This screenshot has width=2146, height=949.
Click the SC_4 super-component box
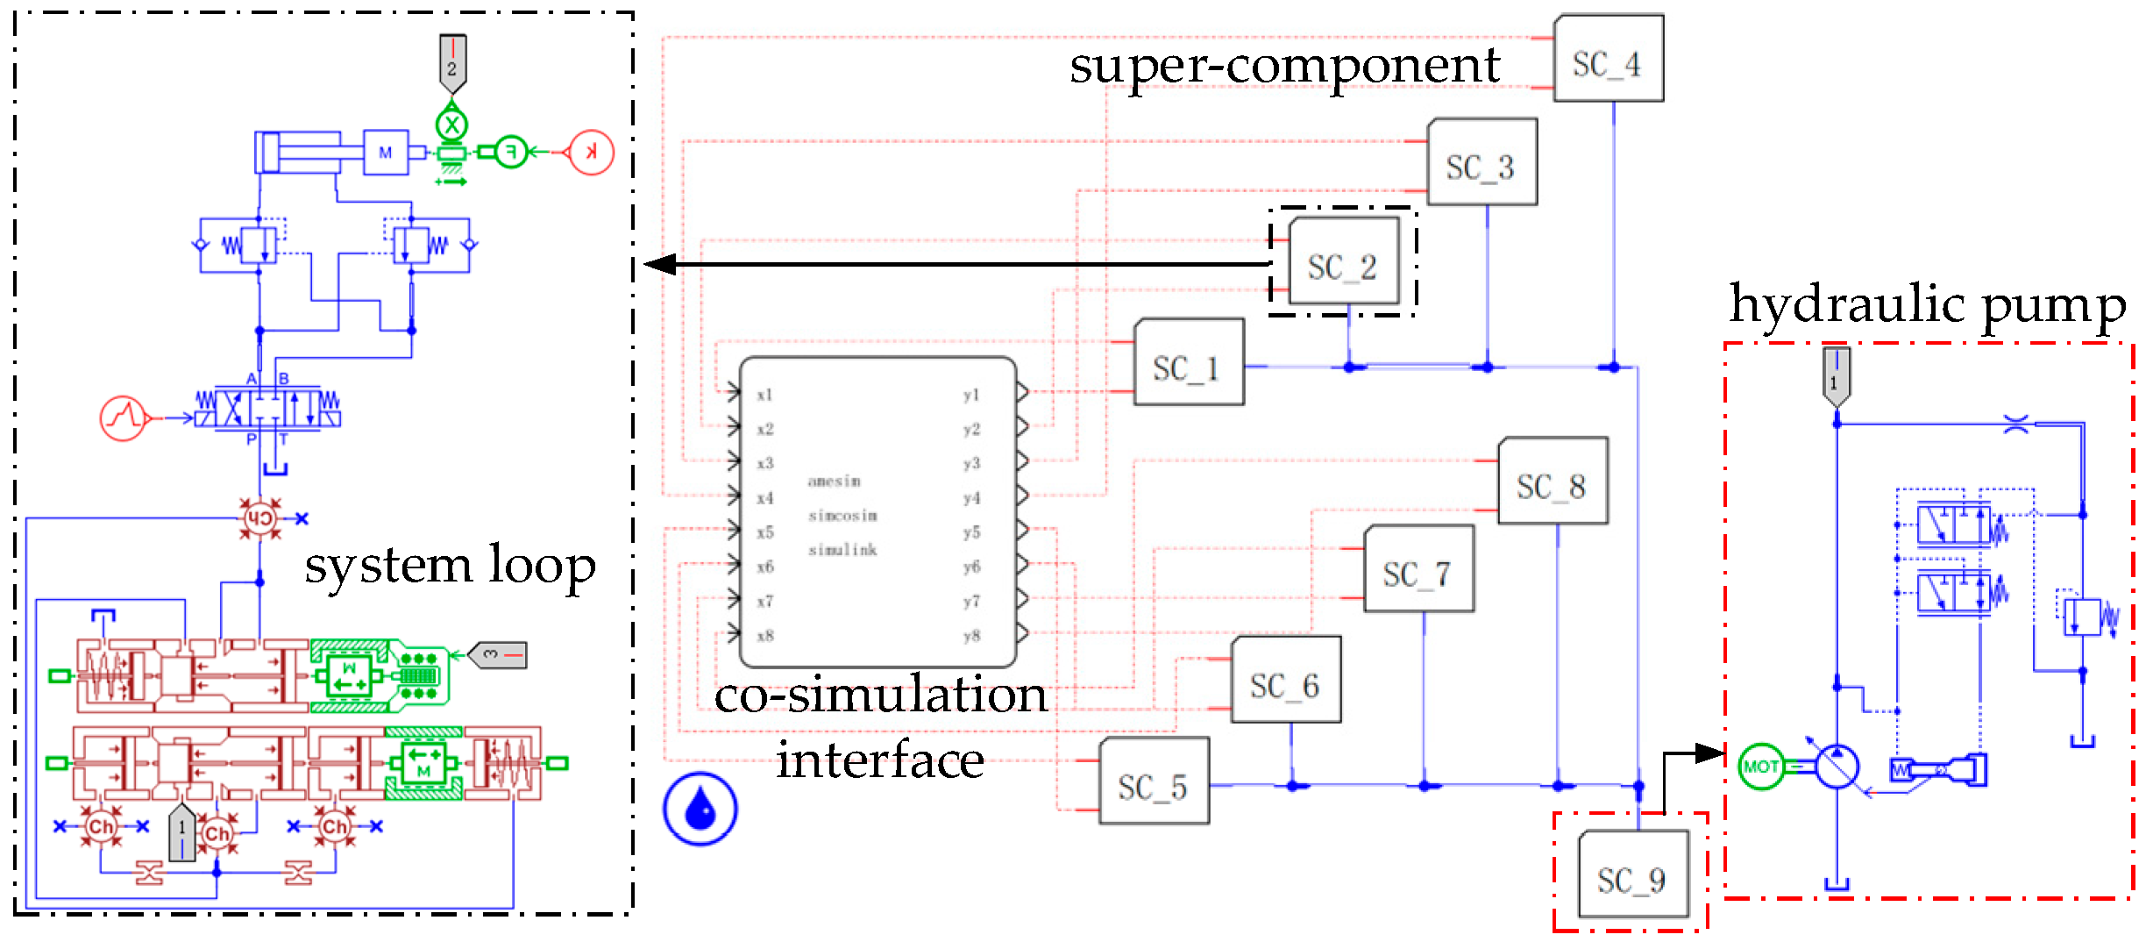coord(1608,59)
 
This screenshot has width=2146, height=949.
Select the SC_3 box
coord(1482,163)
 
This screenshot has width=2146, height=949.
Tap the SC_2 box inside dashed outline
coord(1343,262)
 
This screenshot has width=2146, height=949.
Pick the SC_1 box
coord(1188,363)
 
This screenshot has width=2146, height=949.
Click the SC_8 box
coord(1552,482)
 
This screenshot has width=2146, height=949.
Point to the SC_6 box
coord(1285,681)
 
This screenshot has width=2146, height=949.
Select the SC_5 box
coord(1153,782)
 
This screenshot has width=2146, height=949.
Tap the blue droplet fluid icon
coord(700,809)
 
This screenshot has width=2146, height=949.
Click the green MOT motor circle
coord(1760,767)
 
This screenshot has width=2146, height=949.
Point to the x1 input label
coord(764,395)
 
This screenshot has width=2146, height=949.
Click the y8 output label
coord(970,636)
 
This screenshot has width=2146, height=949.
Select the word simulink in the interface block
coord(842,550)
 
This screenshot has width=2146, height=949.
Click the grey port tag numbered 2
coord(452,63)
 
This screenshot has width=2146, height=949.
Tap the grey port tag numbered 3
coord(498,654)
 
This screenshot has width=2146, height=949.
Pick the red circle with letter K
coord(591,152)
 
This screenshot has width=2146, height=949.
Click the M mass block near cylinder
coord(386,153)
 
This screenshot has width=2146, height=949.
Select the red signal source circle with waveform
coord(123,417)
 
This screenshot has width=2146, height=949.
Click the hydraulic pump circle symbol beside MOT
coord(1837,767)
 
